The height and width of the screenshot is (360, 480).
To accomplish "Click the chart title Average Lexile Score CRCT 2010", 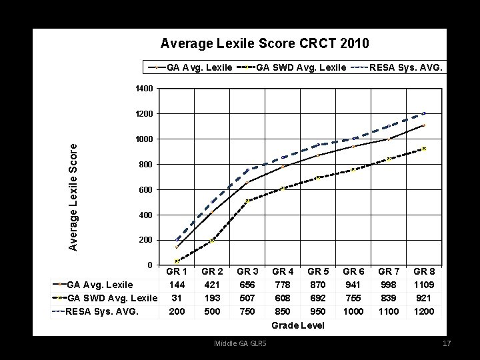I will (265, 44).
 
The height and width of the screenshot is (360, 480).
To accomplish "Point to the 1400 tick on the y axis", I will (145, 89).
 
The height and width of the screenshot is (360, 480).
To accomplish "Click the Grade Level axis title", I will (298, 325).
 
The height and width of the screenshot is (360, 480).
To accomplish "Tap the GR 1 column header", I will (176, 272).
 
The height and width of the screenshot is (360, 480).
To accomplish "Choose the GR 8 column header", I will (424, 272).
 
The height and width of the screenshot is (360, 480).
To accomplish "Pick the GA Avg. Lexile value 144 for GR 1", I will (176, 285).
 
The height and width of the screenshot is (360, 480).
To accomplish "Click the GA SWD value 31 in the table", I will (176, 298).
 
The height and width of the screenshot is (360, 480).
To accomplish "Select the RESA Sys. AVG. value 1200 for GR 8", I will (424, 311).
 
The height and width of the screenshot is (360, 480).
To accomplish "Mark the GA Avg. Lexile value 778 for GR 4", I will (283, 285).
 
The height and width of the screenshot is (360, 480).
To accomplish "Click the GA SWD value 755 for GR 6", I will (353, 298).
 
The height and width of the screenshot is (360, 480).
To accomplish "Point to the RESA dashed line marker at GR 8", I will (424, 113).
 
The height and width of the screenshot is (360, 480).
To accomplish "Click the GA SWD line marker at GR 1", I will (177, 261).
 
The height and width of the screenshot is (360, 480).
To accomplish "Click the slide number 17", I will (447, 343).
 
